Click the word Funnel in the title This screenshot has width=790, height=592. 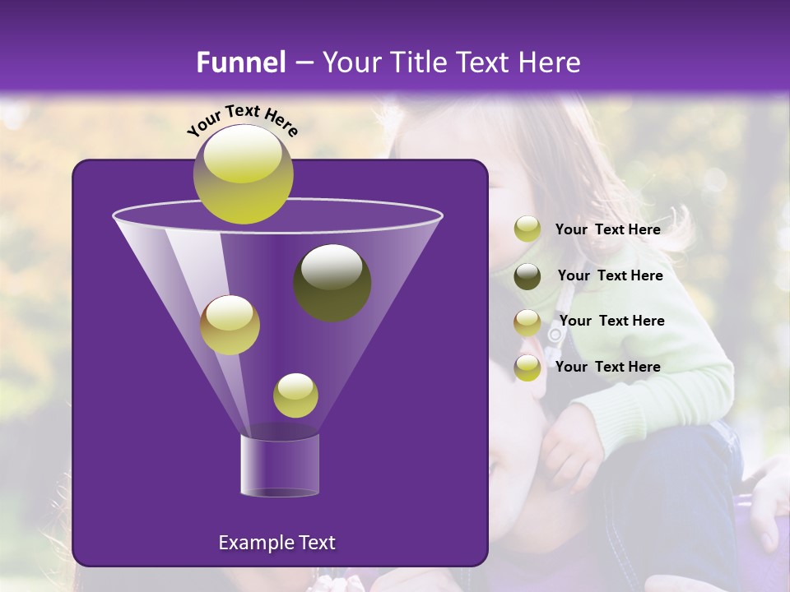[240, 62]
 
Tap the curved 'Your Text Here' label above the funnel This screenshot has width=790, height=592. [243, 120]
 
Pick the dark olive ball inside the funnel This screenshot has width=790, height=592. [332, 282]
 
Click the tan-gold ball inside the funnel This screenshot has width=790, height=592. [230, 325]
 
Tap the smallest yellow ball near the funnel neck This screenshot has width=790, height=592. [295, 395]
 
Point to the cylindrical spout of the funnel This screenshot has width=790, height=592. [279, 465]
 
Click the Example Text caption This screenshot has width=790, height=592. [276, 543]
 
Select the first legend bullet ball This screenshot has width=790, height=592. [527, 229]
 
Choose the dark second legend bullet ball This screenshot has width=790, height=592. [527, 276]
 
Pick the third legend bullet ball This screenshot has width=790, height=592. [527, 322]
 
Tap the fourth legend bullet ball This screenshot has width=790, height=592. [527, 368]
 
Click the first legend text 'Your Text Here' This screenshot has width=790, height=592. [607, 230]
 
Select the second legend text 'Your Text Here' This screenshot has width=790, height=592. [610, 276]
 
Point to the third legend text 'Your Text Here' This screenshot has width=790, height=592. [611, 321]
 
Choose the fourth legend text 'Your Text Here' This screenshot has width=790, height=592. [607, 367]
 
